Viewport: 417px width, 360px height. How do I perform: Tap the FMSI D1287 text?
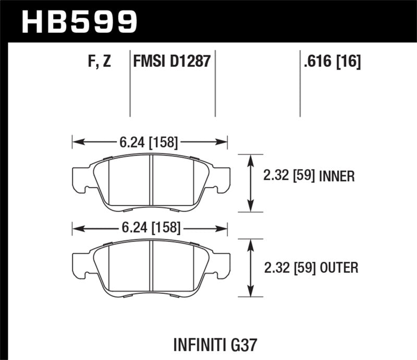coord(172,62)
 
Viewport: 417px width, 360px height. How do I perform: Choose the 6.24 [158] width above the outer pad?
coord(150,227)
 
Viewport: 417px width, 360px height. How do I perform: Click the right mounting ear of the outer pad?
coord(222,263)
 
